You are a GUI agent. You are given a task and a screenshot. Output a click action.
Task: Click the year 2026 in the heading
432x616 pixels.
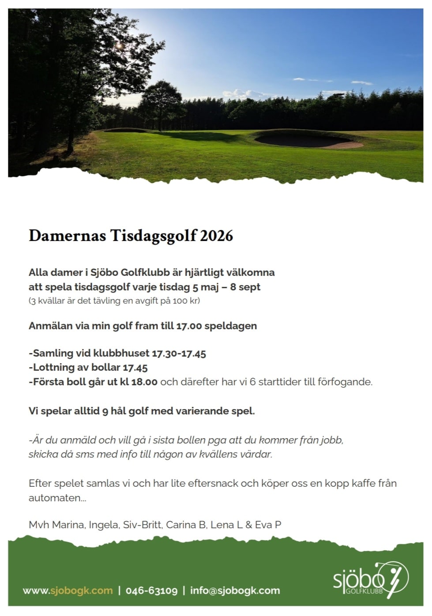216,236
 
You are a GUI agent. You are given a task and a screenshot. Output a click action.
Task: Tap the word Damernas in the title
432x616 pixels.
67,236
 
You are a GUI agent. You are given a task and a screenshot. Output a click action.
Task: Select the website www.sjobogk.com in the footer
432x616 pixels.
68,590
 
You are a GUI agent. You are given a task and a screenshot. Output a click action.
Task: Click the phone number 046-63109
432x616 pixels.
151,590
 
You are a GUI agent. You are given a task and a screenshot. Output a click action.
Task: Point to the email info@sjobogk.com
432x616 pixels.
235,590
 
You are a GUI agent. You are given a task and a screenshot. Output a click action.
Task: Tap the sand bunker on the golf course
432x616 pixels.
304,140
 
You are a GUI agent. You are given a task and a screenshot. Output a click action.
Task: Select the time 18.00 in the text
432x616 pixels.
144,382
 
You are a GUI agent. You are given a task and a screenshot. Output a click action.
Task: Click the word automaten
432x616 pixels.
57,498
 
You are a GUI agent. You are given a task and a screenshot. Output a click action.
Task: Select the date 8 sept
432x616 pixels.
245,287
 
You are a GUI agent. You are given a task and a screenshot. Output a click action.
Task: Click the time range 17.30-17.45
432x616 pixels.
179,353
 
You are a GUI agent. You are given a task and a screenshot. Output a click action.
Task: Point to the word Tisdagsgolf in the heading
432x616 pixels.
153,236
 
